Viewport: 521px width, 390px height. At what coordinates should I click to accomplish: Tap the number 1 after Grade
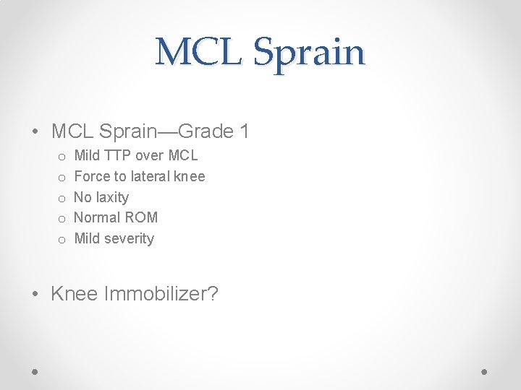(x=244, y=131)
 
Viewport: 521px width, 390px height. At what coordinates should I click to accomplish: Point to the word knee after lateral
(x=191, y=176)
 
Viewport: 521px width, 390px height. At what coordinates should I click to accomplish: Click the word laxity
(x=112, y=197)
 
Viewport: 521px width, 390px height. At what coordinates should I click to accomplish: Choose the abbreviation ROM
(x=142, y=217)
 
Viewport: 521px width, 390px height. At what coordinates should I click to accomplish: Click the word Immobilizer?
(x=161, y=294)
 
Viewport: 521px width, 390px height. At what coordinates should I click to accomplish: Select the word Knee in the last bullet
(x=75, y=294)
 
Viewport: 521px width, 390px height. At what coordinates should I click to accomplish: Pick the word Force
(x=91, y=176)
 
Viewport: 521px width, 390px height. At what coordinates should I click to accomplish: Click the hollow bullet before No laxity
(x=63, y=198)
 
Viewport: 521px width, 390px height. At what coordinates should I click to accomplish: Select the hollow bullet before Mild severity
(x=63, y=239)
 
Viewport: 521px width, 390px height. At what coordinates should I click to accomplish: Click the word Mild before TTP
(x=87, y=155)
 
